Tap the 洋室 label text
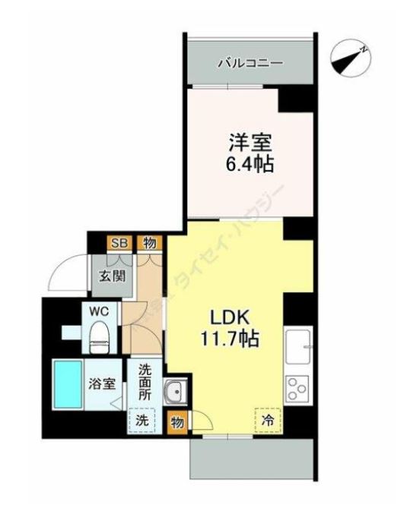point(249,142)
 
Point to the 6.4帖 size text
point(249,163)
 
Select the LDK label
point(226,317)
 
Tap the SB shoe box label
point(119,244)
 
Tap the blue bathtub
point(67,385)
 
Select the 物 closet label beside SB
point(149,244)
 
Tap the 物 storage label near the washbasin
point(177,419)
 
